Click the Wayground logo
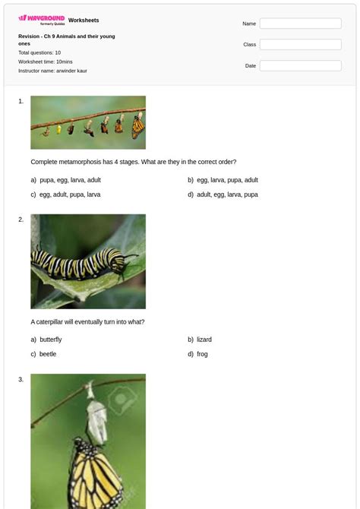pos(42,19)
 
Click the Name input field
pos(300,24)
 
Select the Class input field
pos(300,45)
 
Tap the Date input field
pos(300,66)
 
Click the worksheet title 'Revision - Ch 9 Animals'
pos(67,36)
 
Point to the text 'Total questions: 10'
pos(39,52)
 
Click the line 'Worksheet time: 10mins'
pos(46,62)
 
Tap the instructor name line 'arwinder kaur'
pos(52,71)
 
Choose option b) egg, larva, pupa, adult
pos(227,180)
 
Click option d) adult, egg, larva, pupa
pos(227,194)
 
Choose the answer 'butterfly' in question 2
pos(50,340)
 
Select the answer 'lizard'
pos(204,340)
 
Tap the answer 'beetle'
pos(48,354)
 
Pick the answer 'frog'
pos(202,354)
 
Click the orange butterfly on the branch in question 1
pos(137,125)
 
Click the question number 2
pos(21,220)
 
